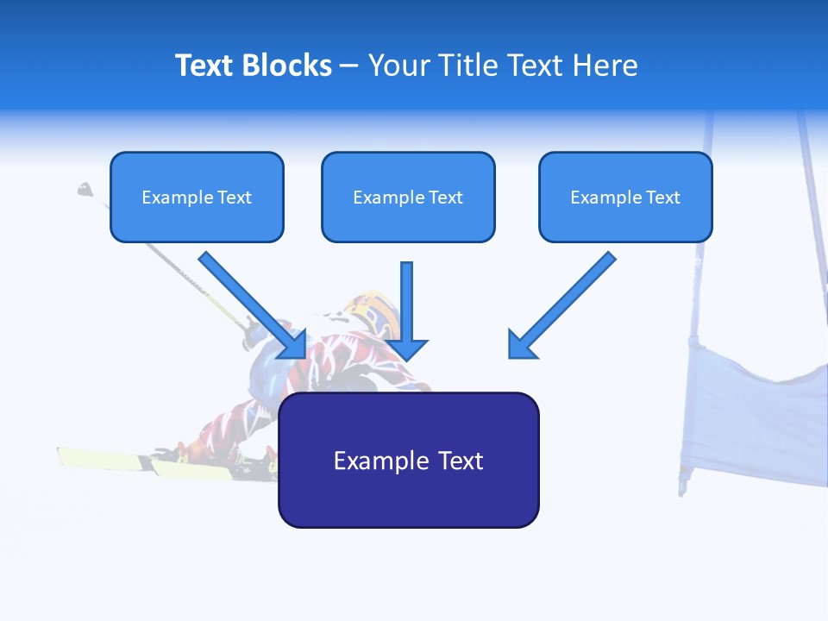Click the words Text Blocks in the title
(x=253, y=66)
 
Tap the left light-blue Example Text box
(x=197, y=197)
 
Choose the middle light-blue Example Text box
(x=408, y=197)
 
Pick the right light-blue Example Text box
(x=625, y=197)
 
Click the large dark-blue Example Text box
(x=408, y=461)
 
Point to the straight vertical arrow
(x=407, y=302)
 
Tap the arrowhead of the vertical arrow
(x=407, y=349)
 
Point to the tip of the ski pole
(x=85, y=188)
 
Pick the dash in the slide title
(x=349, y=66)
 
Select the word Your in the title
(x=398, y=66)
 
